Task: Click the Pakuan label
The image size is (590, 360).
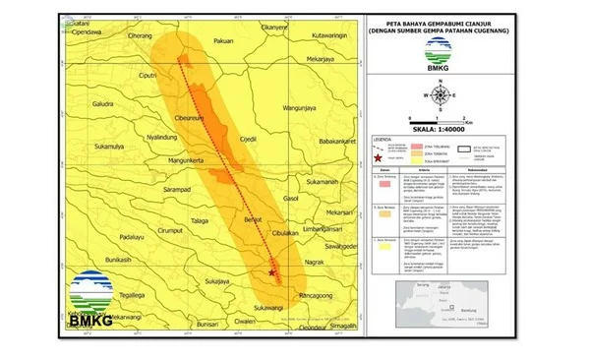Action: (x=224, y=41)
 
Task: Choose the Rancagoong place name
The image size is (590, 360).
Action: (x=317, y=295)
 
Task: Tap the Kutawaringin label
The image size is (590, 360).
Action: (x=329, y=36)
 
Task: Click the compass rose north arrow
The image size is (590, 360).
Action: (x=442, y=95)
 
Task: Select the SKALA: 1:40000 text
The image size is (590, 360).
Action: (x=442, y=126)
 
